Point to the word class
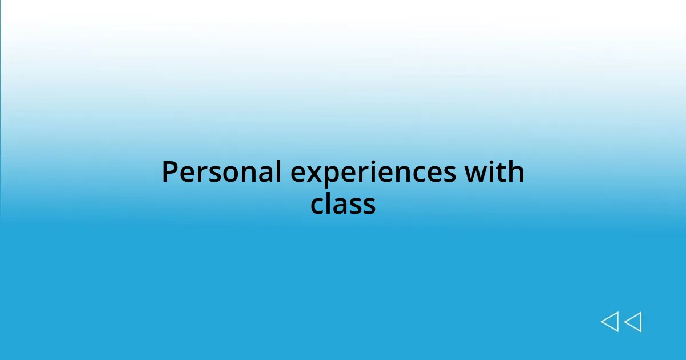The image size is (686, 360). coord(343,204)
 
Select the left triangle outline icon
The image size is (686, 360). coord(609,322)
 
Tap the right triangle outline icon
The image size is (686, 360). coord(633,322)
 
